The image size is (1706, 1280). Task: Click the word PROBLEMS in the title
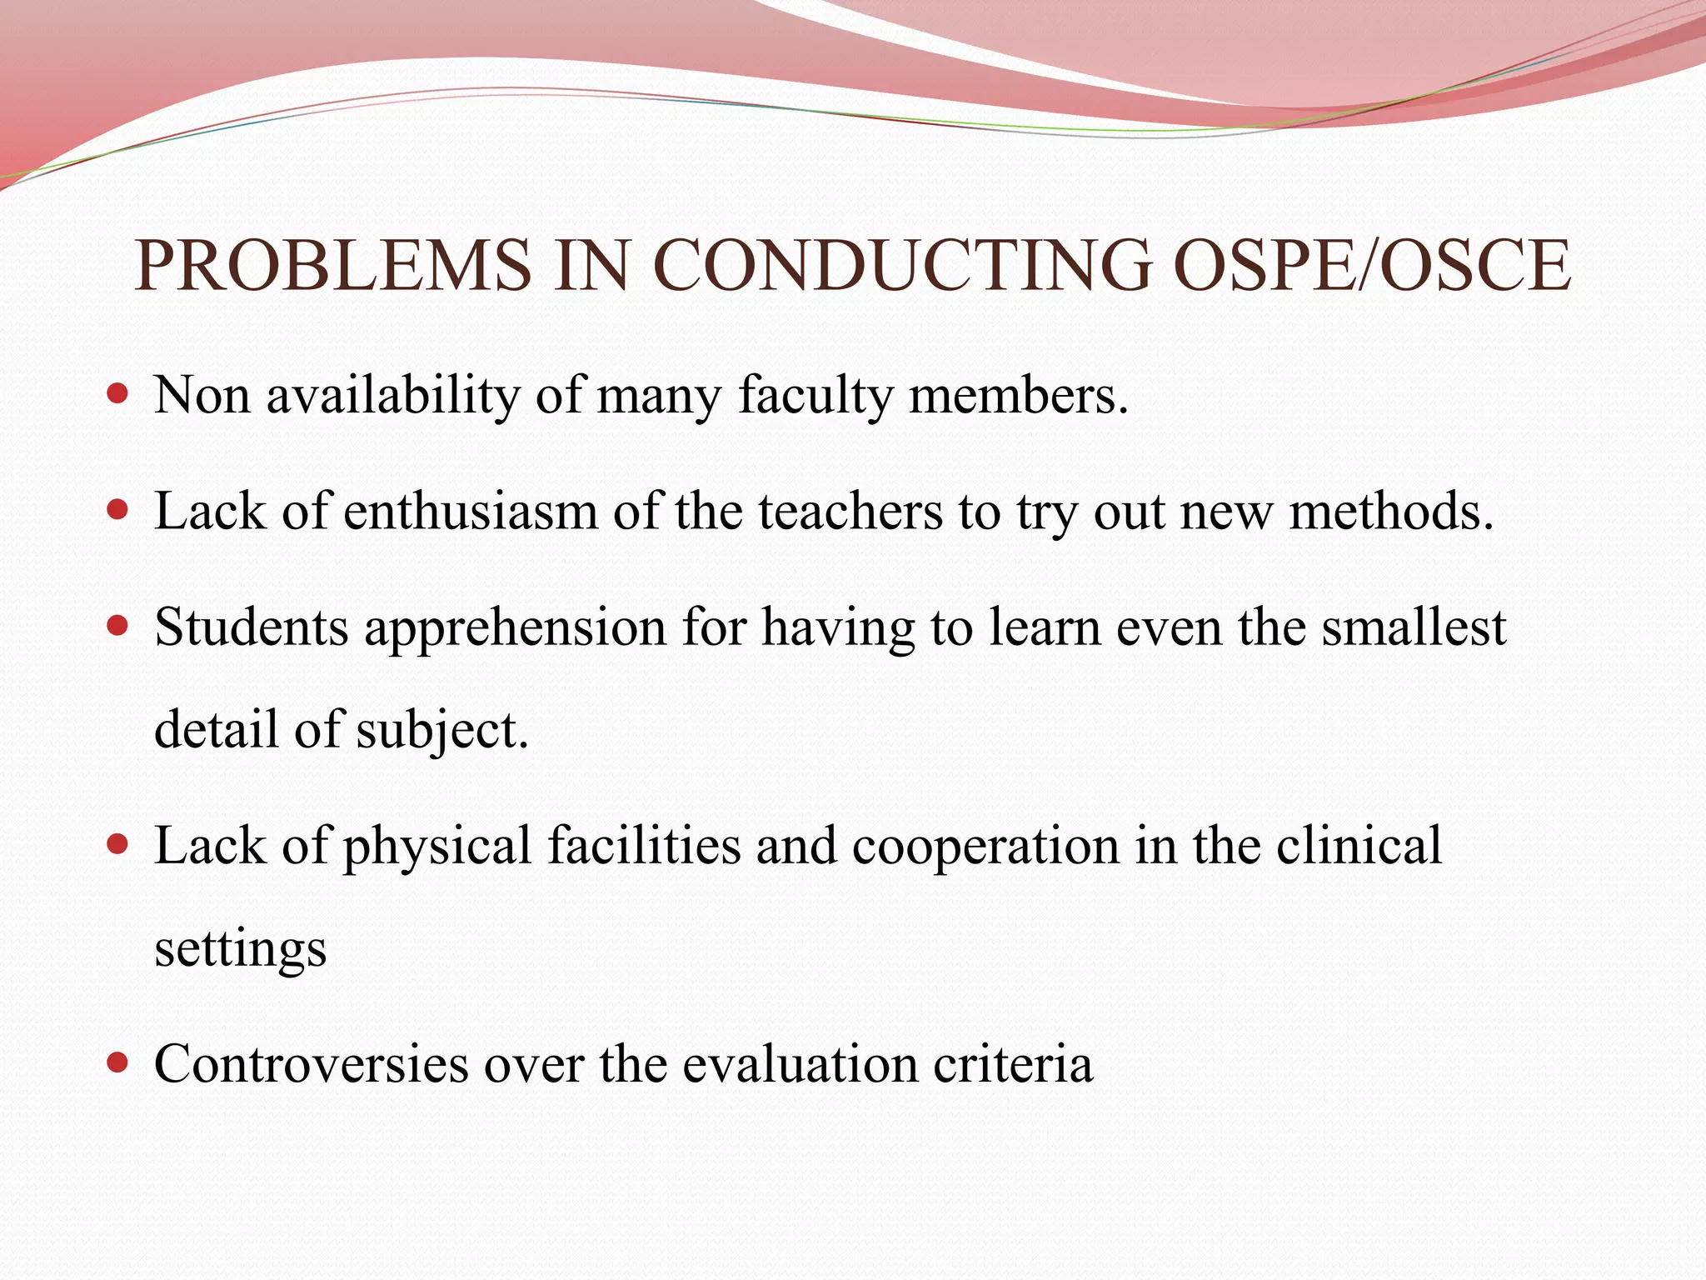pyautogui.click(x=333, y=265)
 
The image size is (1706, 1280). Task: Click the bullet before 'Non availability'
pyautogui.click(x=118, y=393)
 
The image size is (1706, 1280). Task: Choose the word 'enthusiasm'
pyautogui.click(x=471, y=511)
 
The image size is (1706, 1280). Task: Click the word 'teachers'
pyautogui.click(x=851, y=511)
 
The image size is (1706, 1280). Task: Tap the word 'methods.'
pyautogui.click(x=1391, y=511)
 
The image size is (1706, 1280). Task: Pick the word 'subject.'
pyautogui.click(x=442, y=731)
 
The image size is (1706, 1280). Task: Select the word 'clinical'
pyautogui.click(x=1359, y=846)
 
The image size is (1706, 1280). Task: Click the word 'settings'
pyautogui.click(x=241, y=950)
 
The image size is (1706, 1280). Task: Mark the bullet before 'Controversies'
pyautogui.click(x=118, y=1063)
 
